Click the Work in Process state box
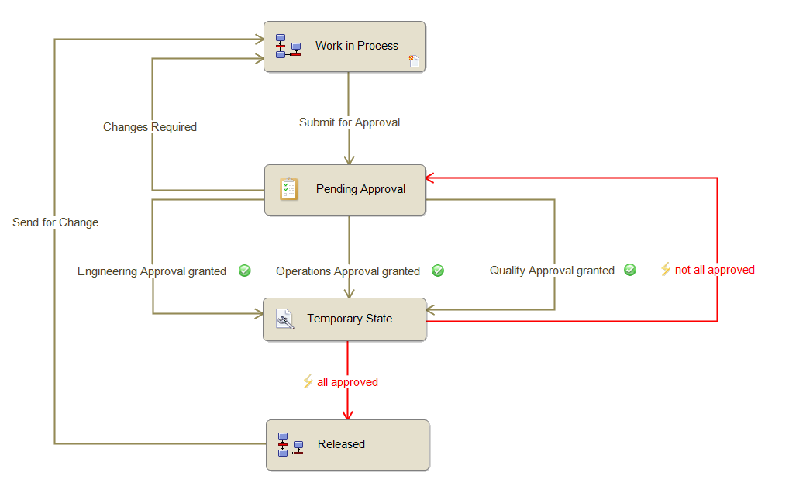[x=344, y=47]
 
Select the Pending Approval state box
[x=345, y=189]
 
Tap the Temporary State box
[x=344, y=319]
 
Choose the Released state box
[x=347, y=444]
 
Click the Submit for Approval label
[x=350, y=122]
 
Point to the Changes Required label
[x=150, y=127]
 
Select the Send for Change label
[x=56, y=222]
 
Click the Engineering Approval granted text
[x=152, y=271]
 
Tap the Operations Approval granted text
[x=348, y=271]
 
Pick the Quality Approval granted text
[x=552, y=271]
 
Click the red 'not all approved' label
[x=715, y=270]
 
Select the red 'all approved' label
[x=347, y=382]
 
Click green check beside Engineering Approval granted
[x=245, y=271]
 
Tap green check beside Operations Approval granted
[x=438, y=271]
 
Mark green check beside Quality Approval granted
[x=630, y=270]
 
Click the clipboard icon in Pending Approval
[x=288, y=188]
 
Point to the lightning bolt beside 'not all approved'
[x=665, y=269]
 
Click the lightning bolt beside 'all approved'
[x=308, y=381]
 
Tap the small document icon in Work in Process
[x=414, y=61]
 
